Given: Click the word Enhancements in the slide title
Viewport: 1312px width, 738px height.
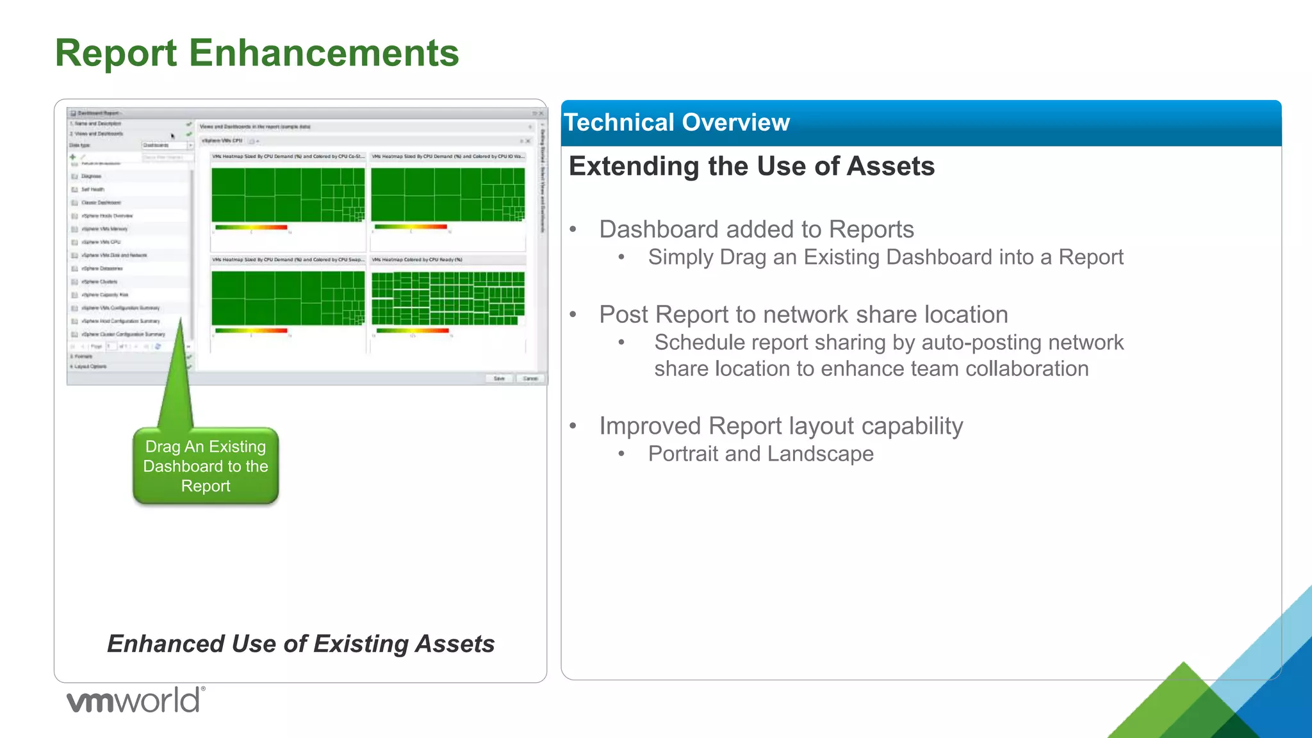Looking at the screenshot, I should point(324,53).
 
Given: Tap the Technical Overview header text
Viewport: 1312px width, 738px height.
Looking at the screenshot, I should point(676,122).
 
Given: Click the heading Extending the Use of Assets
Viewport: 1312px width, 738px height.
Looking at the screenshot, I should point(751,167).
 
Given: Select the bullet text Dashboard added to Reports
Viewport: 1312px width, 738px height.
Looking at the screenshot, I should point(756,229).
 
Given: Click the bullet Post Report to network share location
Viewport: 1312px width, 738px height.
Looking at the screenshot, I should point(803,315).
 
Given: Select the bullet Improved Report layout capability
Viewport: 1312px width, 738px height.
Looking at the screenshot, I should point(781,426).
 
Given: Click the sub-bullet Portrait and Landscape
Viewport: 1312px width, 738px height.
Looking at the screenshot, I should point(760,454).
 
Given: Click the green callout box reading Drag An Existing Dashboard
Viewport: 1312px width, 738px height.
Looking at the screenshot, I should point(206,466).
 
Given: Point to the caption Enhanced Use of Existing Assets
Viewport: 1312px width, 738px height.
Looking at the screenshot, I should point(300,644).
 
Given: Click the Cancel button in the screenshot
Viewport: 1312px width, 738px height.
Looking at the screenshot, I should point(530,379).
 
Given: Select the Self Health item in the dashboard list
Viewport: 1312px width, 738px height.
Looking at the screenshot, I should point(93,190).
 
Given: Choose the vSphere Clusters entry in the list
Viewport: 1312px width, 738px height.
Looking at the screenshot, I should point(99,282).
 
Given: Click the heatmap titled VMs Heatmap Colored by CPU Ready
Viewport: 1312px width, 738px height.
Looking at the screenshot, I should point(448,299).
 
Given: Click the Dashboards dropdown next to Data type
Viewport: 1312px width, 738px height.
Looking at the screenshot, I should point(165,145).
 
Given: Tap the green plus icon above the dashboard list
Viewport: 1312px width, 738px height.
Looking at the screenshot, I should point(73,156).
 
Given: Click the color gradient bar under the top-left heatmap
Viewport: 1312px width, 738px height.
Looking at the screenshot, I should point(251,227).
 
